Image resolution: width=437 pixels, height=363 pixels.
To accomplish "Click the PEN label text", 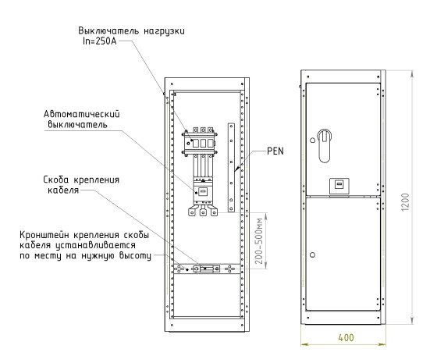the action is pos(275,151).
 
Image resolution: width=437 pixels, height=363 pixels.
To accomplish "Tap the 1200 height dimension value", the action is pos(405,202).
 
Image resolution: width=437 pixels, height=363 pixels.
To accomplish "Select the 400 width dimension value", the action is pos(346,337).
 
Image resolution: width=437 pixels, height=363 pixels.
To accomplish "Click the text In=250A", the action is pos(100,41).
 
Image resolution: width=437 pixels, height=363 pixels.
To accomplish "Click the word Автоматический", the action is pos(82,114).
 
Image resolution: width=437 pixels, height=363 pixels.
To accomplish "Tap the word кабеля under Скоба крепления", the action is pos(63,190).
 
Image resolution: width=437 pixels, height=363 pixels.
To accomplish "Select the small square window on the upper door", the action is pos(339,186).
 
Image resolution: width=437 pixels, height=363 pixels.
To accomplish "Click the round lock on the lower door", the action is pos(312,254).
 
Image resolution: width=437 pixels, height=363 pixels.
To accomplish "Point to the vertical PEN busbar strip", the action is pos(231,167).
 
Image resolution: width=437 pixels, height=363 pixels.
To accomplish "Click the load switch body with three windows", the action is pos(200,141).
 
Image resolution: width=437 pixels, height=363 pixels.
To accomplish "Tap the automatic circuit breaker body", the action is pos(203,191).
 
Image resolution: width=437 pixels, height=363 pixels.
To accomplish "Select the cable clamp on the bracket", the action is pos(207,269).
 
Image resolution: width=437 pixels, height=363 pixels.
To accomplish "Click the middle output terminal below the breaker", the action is pos(203,211).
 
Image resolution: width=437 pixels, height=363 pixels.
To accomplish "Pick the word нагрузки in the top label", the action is pos(164,30).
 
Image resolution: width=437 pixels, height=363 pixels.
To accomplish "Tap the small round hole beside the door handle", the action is pos(312,141).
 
